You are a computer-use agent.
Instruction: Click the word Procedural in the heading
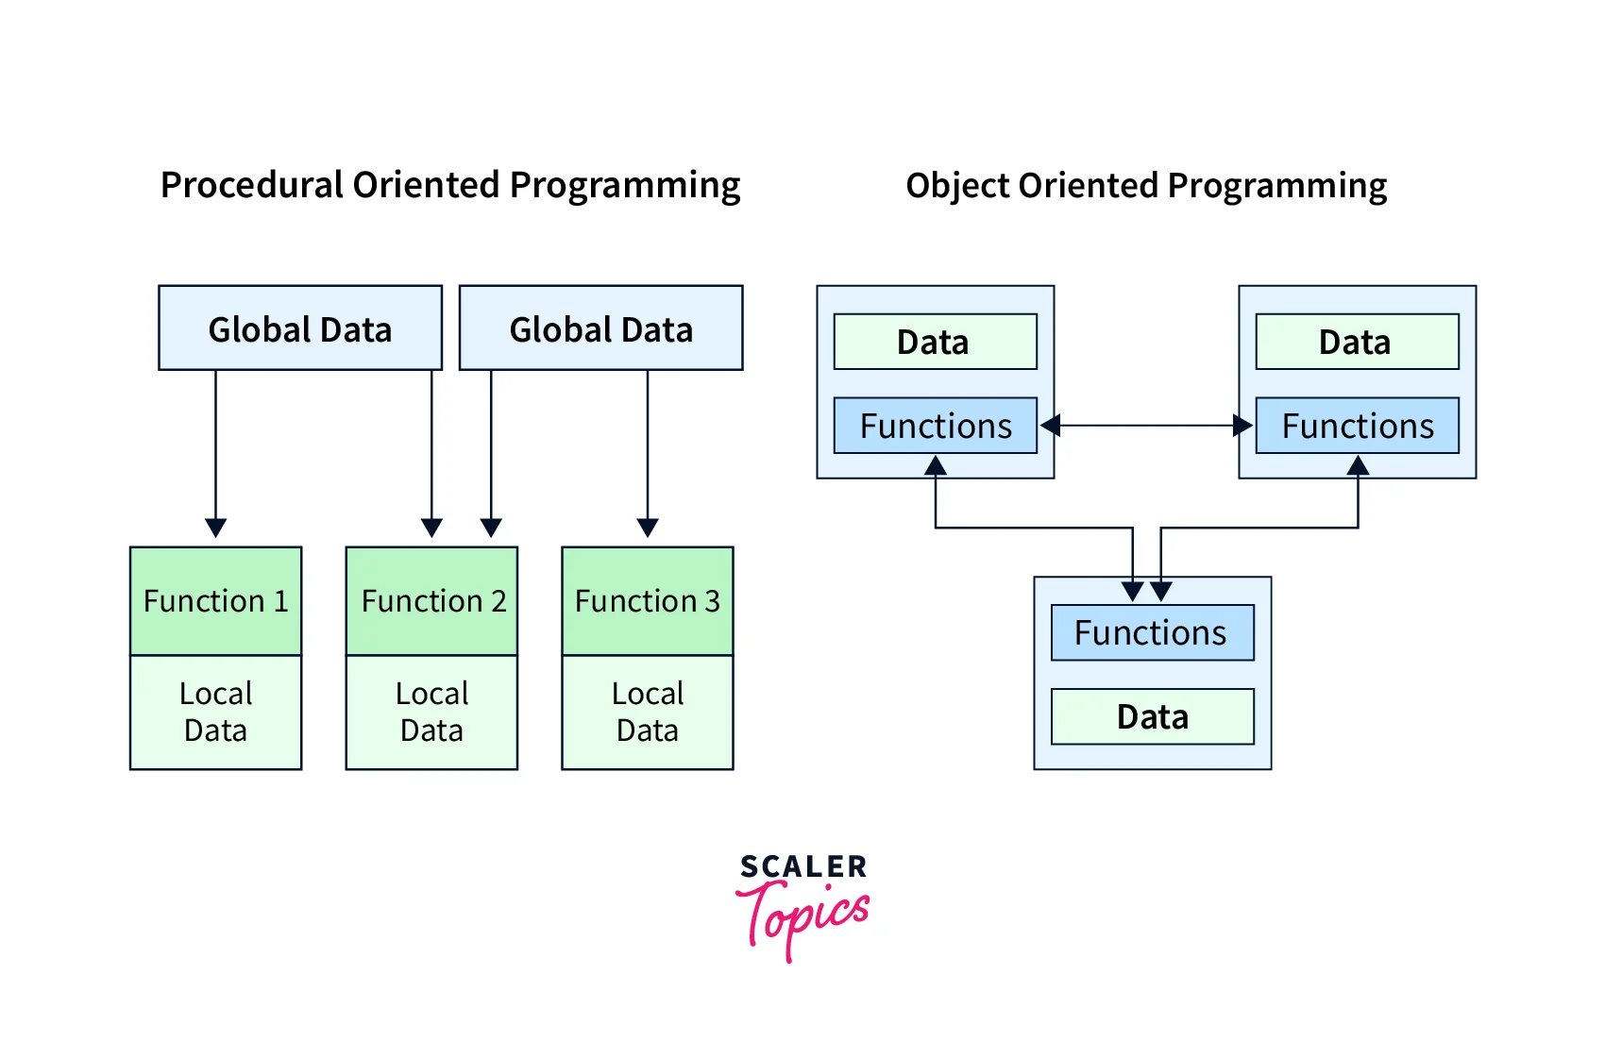[252, 185]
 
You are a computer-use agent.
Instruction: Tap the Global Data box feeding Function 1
[300, 328]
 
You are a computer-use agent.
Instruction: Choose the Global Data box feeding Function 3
[601, 328]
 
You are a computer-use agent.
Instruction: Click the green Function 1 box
[216, 601]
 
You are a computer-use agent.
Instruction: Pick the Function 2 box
[432, 601]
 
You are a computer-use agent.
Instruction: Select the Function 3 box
[648, 601]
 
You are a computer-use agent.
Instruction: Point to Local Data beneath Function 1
[216, 713]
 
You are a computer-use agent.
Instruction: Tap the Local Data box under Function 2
[432, 713]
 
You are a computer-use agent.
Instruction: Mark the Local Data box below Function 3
[648, 713]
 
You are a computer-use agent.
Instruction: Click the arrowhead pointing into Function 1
[216, 528]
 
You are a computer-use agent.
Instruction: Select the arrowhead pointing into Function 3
[648, 528]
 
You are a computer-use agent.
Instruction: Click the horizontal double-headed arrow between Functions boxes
[1146, 426]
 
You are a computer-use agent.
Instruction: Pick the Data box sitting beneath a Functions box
[1153, 716]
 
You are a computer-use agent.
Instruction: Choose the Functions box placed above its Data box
[1153, 632]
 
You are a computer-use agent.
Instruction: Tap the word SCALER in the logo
[803, 866]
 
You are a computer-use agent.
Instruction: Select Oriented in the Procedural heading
[427, 185]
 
